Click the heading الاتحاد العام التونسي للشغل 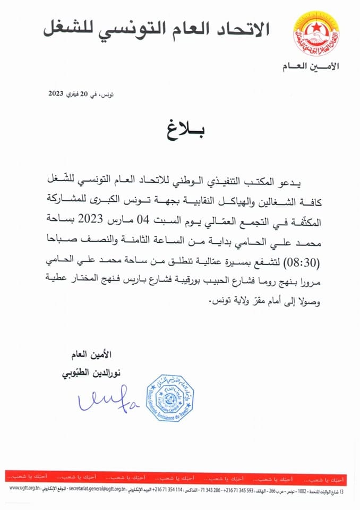[x=156, y=28]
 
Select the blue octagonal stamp [x=170, y=397]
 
